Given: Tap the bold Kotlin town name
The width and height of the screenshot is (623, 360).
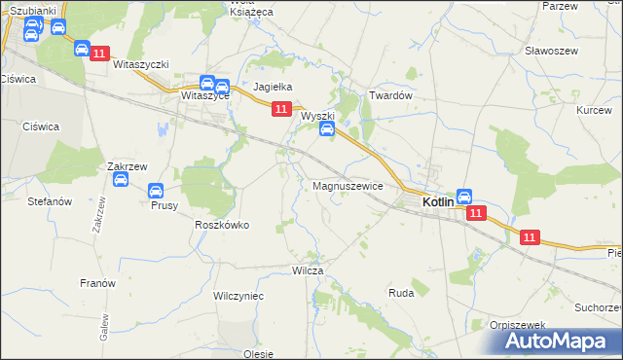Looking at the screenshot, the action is tap(443, 202).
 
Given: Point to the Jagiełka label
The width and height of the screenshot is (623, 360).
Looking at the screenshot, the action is tap(273, 87).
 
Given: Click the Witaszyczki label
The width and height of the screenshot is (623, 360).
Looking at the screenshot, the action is tap(141, 64).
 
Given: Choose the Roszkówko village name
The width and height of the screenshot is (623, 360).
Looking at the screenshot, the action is tap(222, 225).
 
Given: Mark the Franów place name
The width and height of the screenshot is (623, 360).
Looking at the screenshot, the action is tap(97, 283).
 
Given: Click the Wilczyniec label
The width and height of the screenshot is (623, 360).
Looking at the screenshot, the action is tap(238, 294).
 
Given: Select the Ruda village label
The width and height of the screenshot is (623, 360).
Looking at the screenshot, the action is tap(401, 292).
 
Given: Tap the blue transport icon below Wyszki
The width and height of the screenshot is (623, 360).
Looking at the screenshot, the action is tap(327, 128).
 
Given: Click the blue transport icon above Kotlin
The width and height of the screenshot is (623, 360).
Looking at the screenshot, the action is tap(464, 196).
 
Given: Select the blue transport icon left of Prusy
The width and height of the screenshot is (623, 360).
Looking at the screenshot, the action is tap(120, 180).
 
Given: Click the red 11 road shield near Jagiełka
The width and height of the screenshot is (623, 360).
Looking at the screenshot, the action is tap(280, 110).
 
